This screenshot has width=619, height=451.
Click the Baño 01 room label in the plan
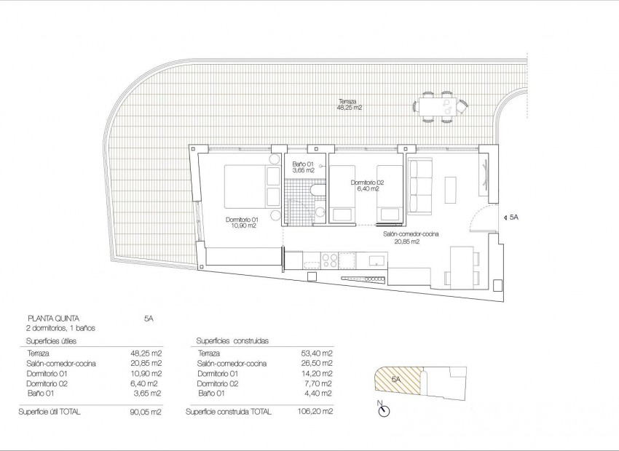click(x=302, y=167)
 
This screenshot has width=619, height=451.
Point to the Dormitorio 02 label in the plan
click(x=366, y=185)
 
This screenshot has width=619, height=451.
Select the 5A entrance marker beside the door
click(x=511, y=217)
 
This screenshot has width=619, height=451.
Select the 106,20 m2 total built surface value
click(x=317, y=412)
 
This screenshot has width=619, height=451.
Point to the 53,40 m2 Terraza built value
click(x=317, y=352)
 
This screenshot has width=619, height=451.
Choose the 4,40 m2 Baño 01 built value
click(x=318, y=393)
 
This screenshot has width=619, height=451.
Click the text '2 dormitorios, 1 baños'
click(x=60, y=328)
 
